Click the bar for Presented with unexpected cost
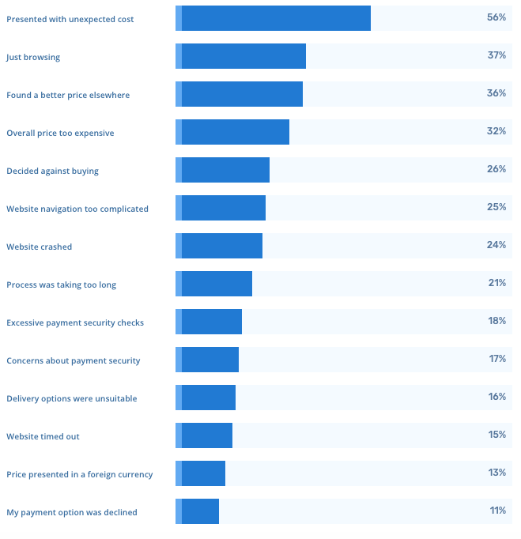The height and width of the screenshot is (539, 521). click(x=273, y=18)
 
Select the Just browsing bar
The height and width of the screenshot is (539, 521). click(x=240, y=56)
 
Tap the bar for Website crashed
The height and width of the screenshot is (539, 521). click(x=219, y=246)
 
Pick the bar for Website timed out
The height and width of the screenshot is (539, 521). click(x=204, y=435)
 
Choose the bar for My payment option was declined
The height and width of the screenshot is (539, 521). click(x=197, y=511)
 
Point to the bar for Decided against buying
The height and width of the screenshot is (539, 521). click(x=222, y=170)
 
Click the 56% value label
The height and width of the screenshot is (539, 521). click(x=496, y=17)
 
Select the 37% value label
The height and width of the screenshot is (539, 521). click(x=496, y=55)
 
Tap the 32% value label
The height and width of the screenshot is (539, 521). click(x=496, y=131)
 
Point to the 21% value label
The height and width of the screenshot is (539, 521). click(x=496, y=283)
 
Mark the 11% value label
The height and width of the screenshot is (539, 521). click(x=497, y=511)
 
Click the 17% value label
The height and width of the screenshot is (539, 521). click(x=496, y=359)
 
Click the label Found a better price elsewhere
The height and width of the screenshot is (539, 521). click(x=68, y=95)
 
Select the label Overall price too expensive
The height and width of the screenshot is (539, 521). click(x=60, y=133)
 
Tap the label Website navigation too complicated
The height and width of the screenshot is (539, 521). click(x=77, y=209)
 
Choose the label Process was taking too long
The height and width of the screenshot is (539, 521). click(x=61, y=285)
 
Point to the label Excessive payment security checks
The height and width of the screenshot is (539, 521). click(x=75, y=322)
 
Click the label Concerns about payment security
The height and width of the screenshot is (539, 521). click(x=73, y=360)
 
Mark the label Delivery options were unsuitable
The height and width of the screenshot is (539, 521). click(x=71, y=398)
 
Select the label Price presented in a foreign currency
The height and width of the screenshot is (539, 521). click(x=79, y=474)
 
